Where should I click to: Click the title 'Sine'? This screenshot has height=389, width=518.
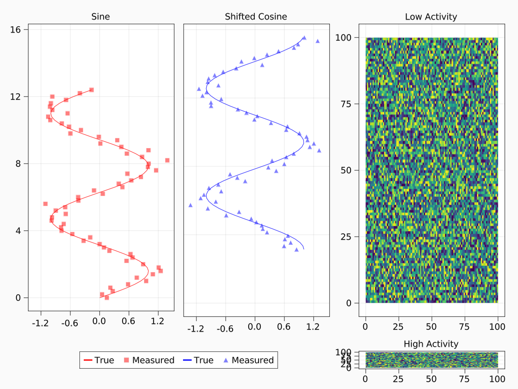[x=101, y=17]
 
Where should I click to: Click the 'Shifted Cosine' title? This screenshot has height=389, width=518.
[x=256, y=17]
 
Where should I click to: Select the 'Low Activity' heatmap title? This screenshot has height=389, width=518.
[x=431, y=17]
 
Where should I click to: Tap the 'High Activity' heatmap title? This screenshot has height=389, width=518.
[x=431, y=344]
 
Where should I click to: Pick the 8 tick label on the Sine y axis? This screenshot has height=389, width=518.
[x=19, y=163]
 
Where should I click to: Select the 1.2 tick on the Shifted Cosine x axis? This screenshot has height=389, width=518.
[x=313, y=328]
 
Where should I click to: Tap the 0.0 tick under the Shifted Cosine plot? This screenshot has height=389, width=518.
[x=255, y=328]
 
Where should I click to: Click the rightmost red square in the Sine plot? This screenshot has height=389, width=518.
[x=167, y=160]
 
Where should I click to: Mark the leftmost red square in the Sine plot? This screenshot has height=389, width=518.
[x=45, y=204]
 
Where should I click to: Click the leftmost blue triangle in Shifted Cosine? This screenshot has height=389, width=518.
[x=190, y=205]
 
